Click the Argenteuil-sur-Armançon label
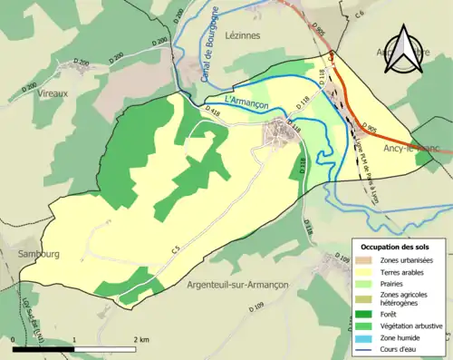click(x=238, y=285)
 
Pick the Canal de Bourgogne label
click(x=216, y=42)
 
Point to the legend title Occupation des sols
click(x=398, y=247)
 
